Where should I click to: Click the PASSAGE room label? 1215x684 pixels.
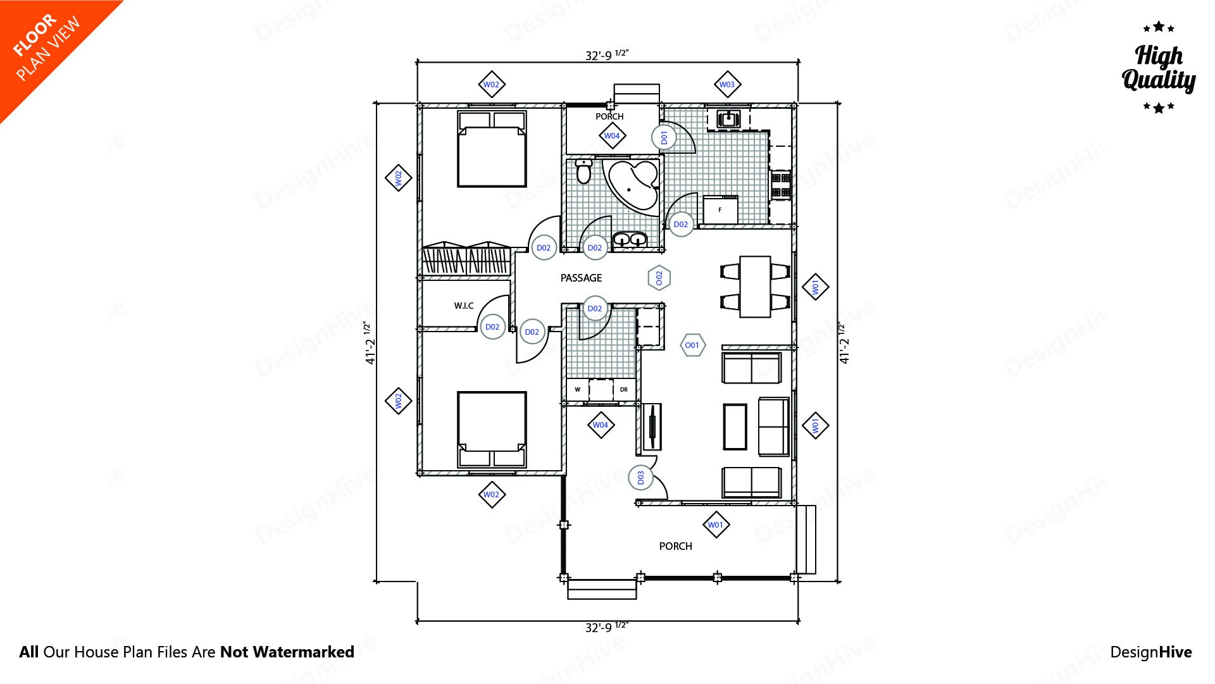click(x=581, y=278)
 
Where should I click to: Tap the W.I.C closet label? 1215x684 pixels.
click(x=463, y=306)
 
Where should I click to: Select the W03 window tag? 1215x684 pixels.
click(x=727, y=84)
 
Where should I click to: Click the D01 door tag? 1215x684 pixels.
click(x=663, y=137)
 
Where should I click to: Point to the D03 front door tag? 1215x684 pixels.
click(x=640, y=477)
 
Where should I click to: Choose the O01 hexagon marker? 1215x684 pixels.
click(x=692, y=345)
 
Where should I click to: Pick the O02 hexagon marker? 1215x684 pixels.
click(x=659, y=278)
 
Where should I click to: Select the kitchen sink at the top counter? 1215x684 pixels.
click(x=729, y=118)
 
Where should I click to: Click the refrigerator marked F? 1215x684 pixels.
click(x=720, y=210)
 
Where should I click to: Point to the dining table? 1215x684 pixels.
click(x=755, y=286)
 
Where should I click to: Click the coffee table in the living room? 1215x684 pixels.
click(x=735, y=426)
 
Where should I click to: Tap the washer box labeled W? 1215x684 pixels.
click(x=577, y=390)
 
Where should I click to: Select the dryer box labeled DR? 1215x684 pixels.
click(x=624, y=390)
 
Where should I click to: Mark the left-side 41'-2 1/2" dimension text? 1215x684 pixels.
click(x=370, y=343)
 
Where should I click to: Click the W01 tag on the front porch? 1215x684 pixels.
click(x=716, y=525)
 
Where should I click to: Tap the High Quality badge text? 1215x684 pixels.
click(x=1159, y=68)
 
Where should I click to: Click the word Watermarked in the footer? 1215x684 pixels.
click(x=303, y=652)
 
